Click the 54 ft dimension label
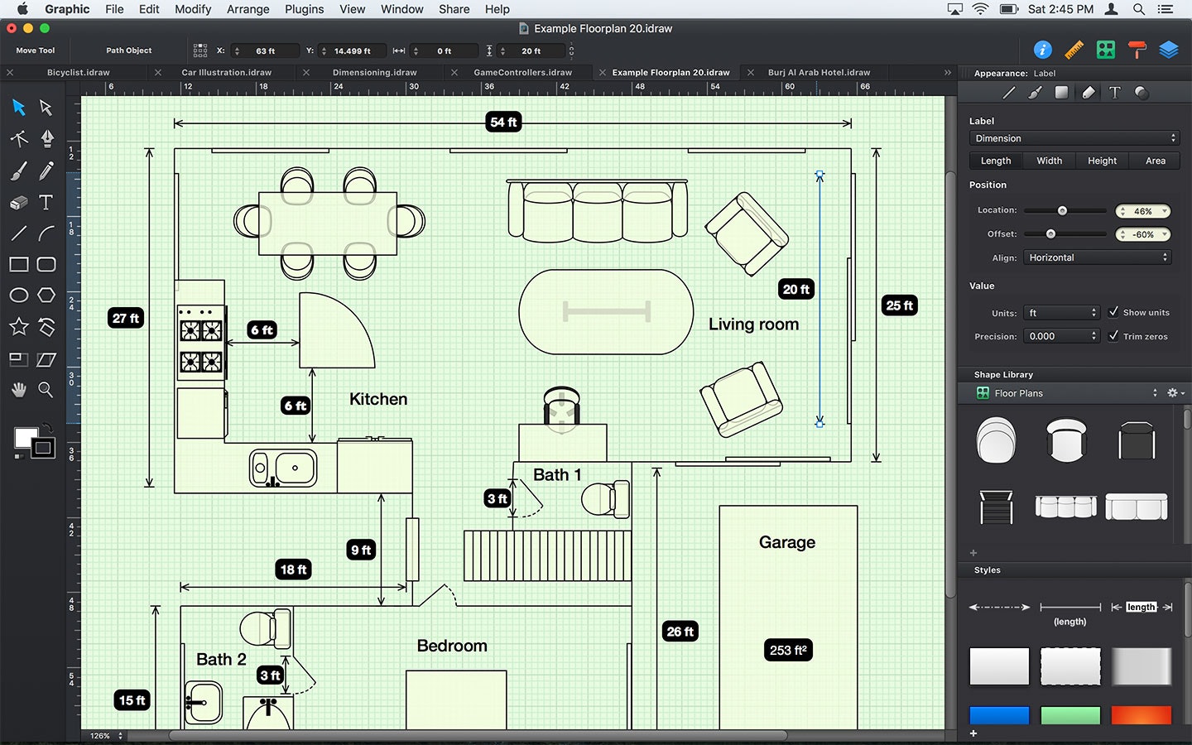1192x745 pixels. point(503,123)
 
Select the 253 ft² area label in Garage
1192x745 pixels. point(788,650)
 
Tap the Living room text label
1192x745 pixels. point(753,324)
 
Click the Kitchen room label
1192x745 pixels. point(378,399)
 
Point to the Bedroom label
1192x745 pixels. point(452,646)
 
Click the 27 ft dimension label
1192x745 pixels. point(126,318)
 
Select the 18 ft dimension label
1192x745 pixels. point(293,570)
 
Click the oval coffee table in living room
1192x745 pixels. point(606,312)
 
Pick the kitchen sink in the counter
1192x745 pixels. point(283,469)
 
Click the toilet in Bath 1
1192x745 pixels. point(605,499)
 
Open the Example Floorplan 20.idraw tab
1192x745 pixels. point(670,73)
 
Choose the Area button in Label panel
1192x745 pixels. point(1155,161)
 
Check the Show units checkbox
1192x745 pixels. point(1113,312)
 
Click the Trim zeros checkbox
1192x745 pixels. point(1113,336)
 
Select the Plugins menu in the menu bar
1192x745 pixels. point(304,9)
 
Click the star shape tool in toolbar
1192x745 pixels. point(19,327)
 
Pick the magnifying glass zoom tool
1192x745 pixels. point(46,390)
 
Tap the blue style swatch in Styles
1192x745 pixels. point(999,715)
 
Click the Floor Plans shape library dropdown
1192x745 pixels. point(1068,393)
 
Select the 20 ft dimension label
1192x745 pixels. point(796,289)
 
